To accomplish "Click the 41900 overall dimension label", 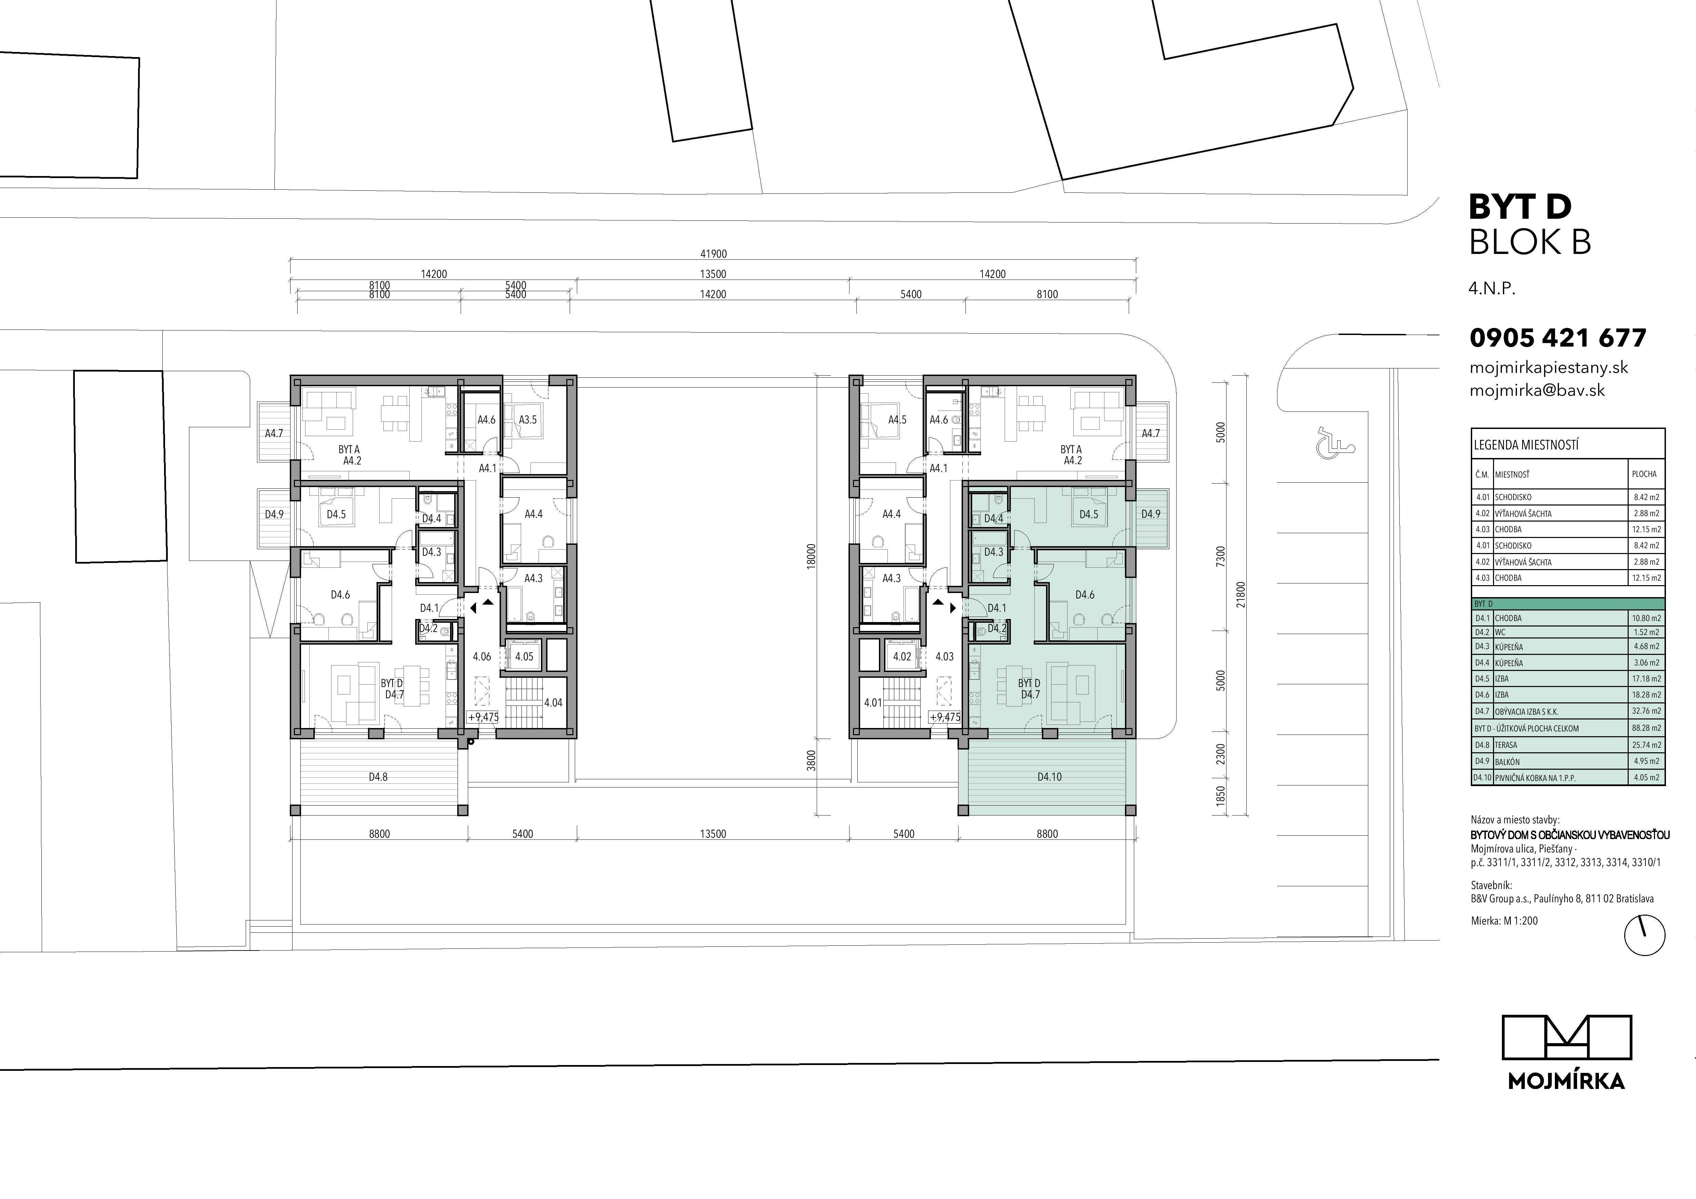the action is (714, 253).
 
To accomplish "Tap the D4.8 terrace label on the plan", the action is (378, 777).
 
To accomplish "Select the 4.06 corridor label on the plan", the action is (481, 656).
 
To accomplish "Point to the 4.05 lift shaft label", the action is (524, 656).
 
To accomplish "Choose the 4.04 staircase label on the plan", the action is (553, 703).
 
